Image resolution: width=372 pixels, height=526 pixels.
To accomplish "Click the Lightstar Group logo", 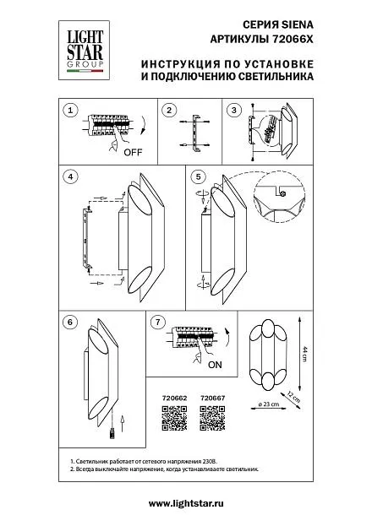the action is coord(84,50).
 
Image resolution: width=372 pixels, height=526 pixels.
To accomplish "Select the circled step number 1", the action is coord(70,111).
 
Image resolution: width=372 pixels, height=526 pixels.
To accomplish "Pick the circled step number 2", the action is coord(169,110).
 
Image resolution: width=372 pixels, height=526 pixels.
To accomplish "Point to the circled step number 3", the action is coord(234,110).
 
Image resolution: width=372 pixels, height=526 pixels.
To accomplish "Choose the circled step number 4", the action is coord(70,176).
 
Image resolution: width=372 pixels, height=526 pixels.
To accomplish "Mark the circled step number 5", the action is coord(199,176).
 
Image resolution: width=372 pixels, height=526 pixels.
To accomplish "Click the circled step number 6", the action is coord(70,322).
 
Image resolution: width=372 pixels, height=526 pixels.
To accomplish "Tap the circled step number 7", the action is coord(158,323).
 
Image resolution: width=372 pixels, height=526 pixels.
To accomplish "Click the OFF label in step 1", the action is coord(133,152).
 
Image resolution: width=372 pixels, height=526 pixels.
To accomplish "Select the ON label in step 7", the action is coord(215,365).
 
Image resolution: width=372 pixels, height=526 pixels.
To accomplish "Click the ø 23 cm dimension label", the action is coord(269,404).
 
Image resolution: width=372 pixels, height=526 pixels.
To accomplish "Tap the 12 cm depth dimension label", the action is coord(293,397).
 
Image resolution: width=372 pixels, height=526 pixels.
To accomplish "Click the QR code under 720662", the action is coord(174,418).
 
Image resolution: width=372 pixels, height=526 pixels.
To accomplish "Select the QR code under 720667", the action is coord(212,418).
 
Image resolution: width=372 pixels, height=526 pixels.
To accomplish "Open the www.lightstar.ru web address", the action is coord(186,503).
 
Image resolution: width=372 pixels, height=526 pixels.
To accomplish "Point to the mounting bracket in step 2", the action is coord(195,133).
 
